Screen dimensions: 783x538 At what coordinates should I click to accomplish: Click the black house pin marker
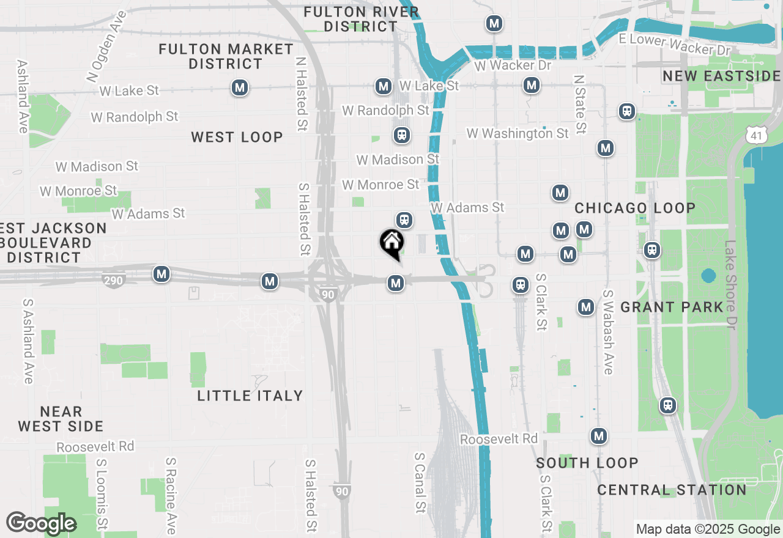coord(391,243)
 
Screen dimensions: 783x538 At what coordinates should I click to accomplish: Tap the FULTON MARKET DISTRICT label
coord(226,56)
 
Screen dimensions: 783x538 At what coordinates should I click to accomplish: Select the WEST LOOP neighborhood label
coord(237,137)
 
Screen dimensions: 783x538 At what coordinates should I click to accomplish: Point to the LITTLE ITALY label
coord(250,396)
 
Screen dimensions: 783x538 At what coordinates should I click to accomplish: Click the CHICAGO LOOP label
coord(635,208)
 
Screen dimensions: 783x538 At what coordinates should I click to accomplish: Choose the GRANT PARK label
coord(672,307)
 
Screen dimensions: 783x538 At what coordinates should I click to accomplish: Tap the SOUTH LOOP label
coord(587,463)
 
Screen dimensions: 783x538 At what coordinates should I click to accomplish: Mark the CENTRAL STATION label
coord(672,490)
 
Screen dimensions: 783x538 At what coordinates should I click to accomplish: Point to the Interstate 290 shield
coord(114,281)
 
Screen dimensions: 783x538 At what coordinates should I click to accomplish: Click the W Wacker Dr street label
coord(513,65)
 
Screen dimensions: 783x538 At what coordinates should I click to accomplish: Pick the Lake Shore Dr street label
coord(731,284)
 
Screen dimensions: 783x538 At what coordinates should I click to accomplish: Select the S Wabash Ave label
coord(608,332)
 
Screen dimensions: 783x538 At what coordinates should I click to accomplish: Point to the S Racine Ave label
coord(171,495)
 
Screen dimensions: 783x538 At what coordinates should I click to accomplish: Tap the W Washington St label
coord(518,133)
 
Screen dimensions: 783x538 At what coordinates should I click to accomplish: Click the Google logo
coord(41,523)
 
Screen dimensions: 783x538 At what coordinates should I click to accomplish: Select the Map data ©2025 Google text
coord(707,529)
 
